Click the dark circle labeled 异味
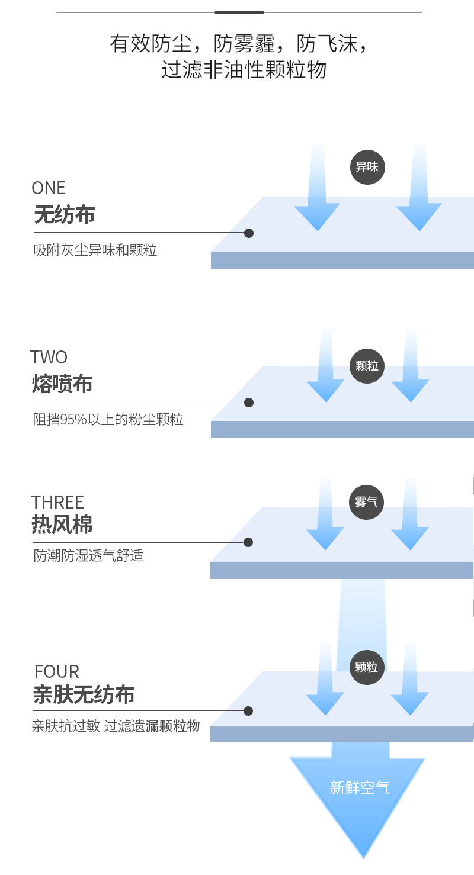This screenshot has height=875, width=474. pos(367,167)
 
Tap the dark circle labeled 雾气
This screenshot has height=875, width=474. pos(367,502)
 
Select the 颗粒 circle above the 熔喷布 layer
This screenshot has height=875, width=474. pos(367,366)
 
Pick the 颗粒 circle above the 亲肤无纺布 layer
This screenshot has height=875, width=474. pos(367,667)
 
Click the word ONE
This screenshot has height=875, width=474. pos(49,188)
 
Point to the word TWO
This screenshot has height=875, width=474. pos(49,358)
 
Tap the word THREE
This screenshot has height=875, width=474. pos(57,503)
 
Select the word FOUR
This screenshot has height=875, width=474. pos(57,672)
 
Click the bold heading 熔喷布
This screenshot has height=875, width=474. pos(62,385)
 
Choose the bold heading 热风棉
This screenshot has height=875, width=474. pos(62,525)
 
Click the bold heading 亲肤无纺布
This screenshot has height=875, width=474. pos(84,695)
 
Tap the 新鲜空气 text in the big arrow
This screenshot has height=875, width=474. pos(360,788)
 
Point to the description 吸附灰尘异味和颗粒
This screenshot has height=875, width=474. pos(95,250)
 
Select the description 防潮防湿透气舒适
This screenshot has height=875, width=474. pos(89,556)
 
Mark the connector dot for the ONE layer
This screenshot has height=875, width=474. pos(249,233)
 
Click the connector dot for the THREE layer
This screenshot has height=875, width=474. pos(248,542)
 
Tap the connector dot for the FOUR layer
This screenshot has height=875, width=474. pos(248,711)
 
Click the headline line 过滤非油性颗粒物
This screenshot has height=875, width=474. pos(244,70)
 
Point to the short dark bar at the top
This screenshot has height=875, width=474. pos(239,12)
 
